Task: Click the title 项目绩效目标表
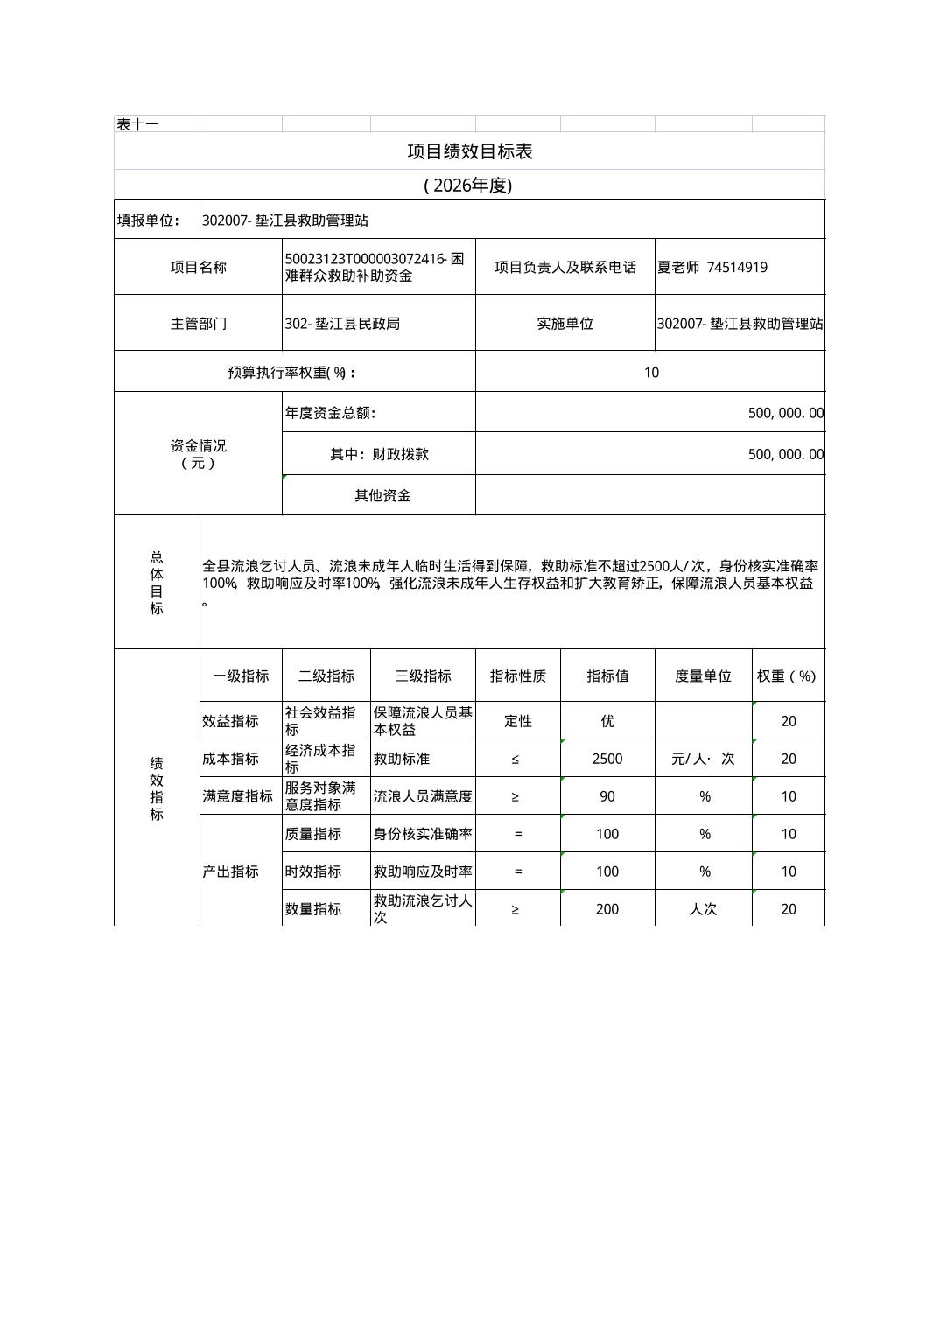pyautogui.click(x=469, y=151)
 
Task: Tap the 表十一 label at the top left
pyautogui.click(x=137, y=124)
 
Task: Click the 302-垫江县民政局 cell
pyautogui.click(x=342, y=324)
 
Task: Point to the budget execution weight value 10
pyautogui.click(x=650, y=373)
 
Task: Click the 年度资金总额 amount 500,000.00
pyautogui.click(x=785, y=413)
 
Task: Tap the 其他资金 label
pyautogui.click(x=382, y=496)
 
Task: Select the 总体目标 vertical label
pyautogui.click(x=157, y=583)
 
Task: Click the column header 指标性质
pyautogui.click(x=517, y=676)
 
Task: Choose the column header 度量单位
pyautogui.click(x=703, y=676)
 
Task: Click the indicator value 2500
pyautogui.click(x=607, y=759)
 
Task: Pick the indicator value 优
pyautogui.click(x=607, y=721)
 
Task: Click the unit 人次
pyautogui.click(x=703, y=909)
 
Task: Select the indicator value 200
pyautogui.click(x=607, y=909)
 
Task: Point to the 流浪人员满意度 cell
pyautogui.click(x=423, y=796)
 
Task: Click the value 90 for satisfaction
pyautogui.click(x=607, y=796)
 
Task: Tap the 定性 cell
pyautogui.click(x=518, y=721)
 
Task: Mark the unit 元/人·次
pyautogui.click(x=703, y=759)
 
